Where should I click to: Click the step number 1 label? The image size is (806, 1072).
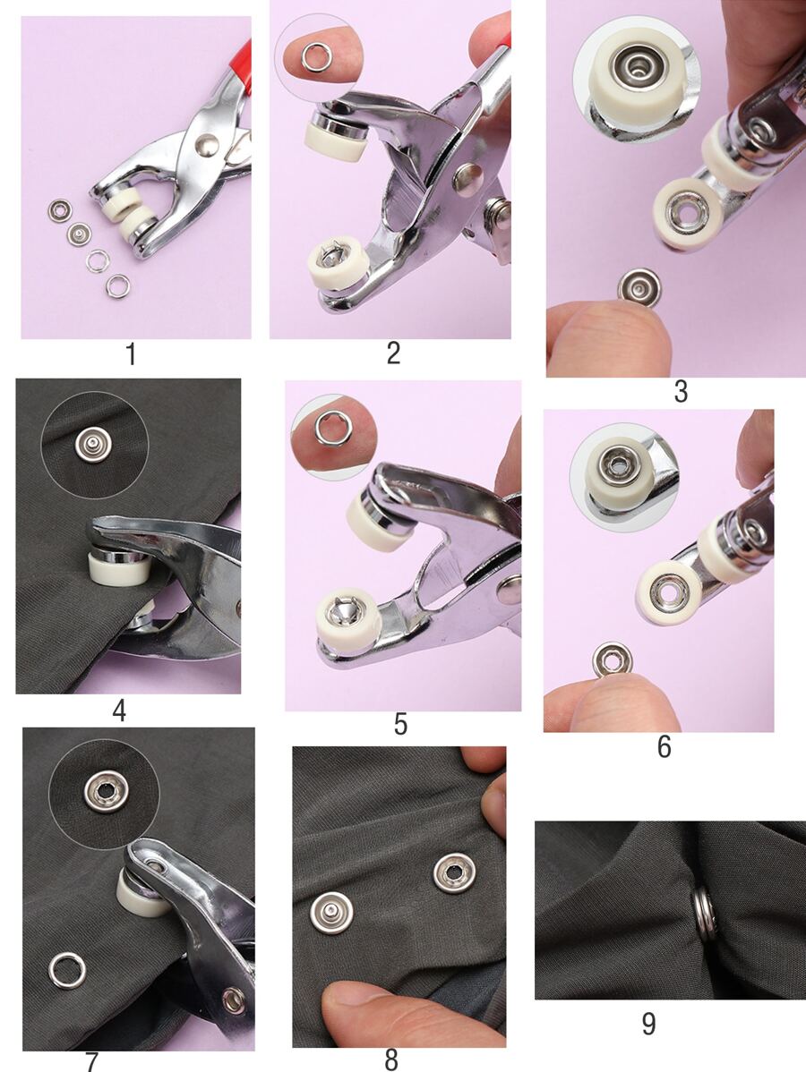(131, 354)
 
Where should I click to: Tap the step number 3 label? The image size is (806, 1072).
(681, 392)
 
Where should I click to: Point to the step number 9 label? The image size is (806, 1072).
(648, 1024)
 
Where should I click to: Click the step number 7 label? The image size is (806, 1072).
(91, 1061)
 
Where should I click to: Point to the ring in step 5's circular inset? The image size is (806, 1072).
(330, 428)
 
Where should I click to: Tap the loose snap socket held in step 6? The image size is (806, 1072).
(613, 660)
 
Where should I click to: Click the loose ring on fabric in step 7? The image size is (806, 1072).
(67, 970)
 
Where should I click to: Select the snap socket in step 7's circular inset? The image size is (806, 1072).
(105, 791)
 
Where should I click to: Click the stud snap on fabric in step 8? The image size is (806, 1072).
(331, 913)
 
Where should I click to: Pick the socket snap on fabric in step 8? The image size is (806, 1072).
(454, 872)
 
